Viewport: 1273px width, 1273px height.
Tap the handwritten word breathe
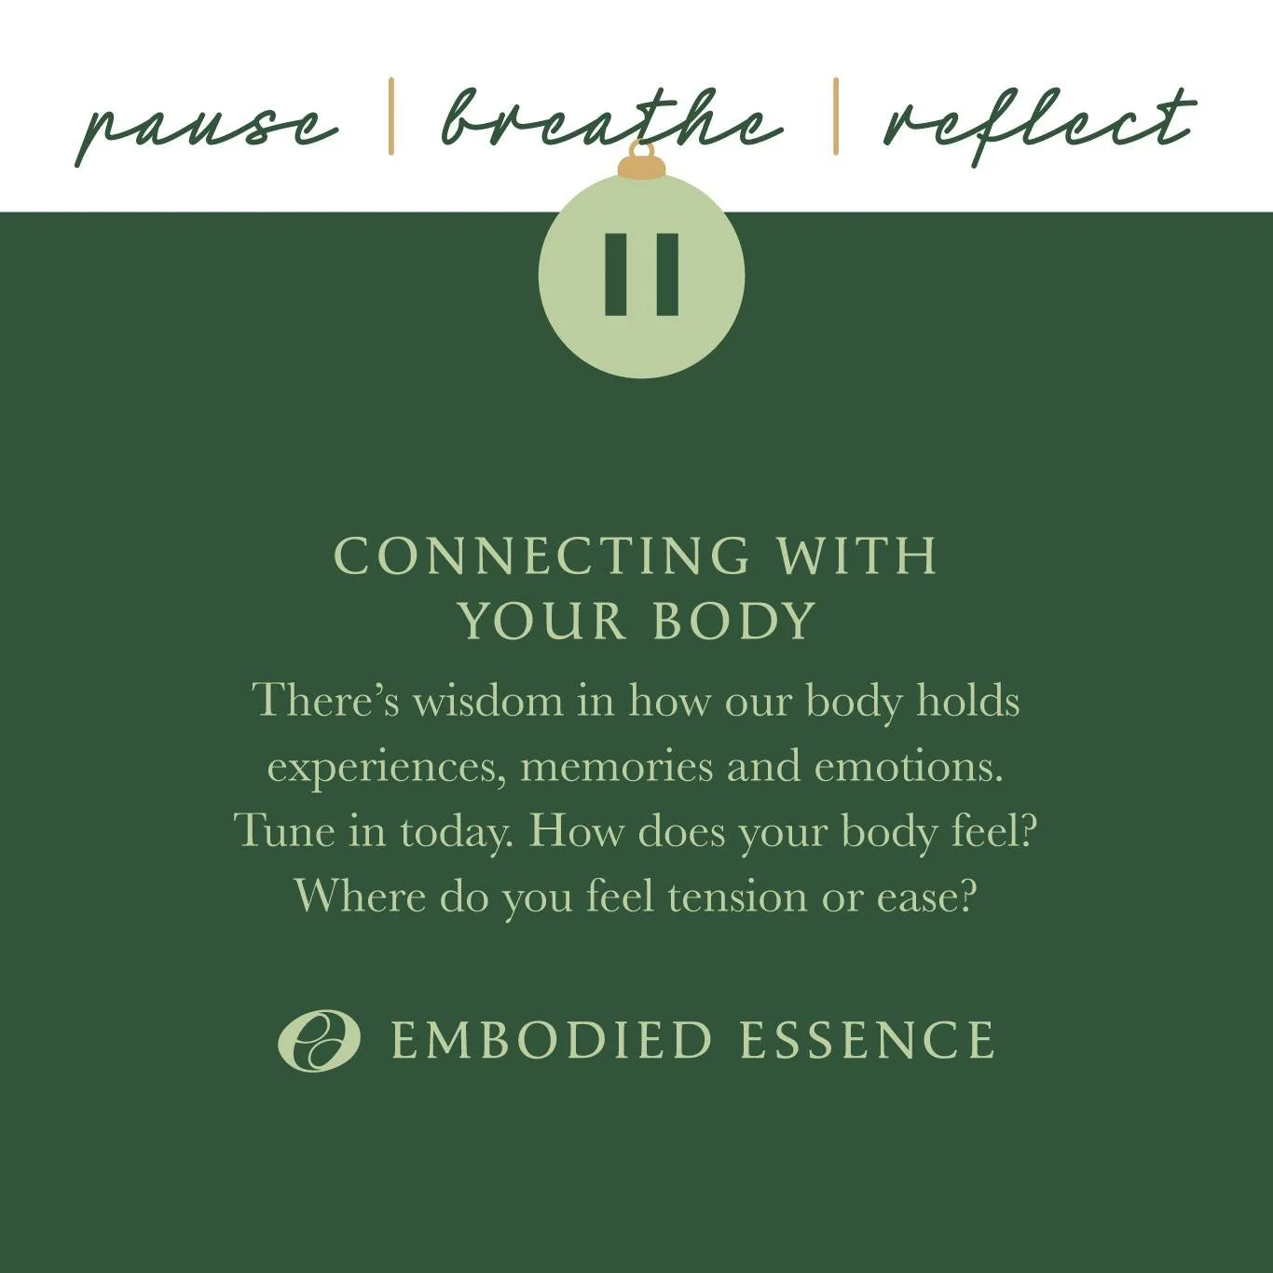pos(610,121)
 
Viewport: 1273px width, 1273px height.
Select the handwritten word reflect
pos(1039,123)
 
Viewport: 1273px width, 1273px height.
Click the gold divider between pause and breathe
pos(391,116)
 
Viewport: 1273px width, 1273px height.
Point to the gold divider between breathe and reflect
pos(835,116)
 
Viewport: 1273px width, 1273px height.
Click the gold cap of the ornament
pos(641,167)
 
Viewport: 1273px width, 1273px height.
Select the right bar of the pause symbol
pos(667,274)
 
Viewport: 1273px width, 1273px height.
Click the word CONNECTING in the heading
pos(541,556)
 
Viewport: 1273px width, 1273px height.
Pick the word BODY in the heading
pos(734,621)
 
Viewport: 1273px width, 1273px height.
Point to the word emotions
pos(908,767)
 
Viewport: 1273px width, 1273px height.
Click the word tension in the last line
pos(737,897)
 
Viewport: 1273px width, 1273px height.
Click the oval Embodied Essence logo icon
pos(319,1040)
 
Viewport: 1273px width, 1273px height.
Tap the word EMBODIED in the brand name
pos(552,1040)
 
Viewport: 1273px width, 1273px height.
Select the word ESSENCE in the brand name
pos(867,1040)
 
